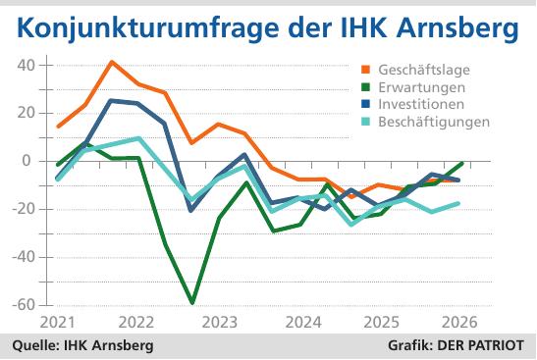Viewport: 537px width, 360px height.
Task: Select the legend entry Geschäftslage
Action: tap(423, 70)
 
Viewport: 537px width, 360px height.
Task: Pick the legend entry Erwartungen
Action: tap(420, 86)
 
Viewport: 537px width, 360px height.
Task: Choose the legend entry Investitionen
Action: tap(423, 104)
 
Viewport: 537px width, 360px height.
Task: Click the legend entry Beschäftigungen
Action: tap(432, 122)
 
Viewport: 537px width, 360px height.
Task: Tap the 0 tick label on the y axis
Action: tap(28, 161)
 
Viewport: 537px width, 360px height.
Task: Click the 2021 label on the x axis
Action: tap(59, 323)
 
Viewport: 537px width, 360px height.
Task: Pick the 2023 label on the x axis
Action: tap(220, 323)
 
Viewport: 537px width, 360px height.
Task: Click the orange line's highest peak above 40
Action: tap(111, 62)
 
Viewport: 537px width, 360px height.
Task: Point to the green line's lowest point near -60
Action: tap(192, 303)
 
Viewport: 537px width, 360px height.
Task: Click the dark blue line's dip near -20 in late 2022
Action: tap(191, 210)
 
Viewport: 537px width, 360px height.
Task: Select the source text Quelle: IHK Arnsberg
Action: tap(82, 346)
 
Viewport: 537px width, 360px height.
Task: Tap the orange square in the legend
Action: tap(366, 70)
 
